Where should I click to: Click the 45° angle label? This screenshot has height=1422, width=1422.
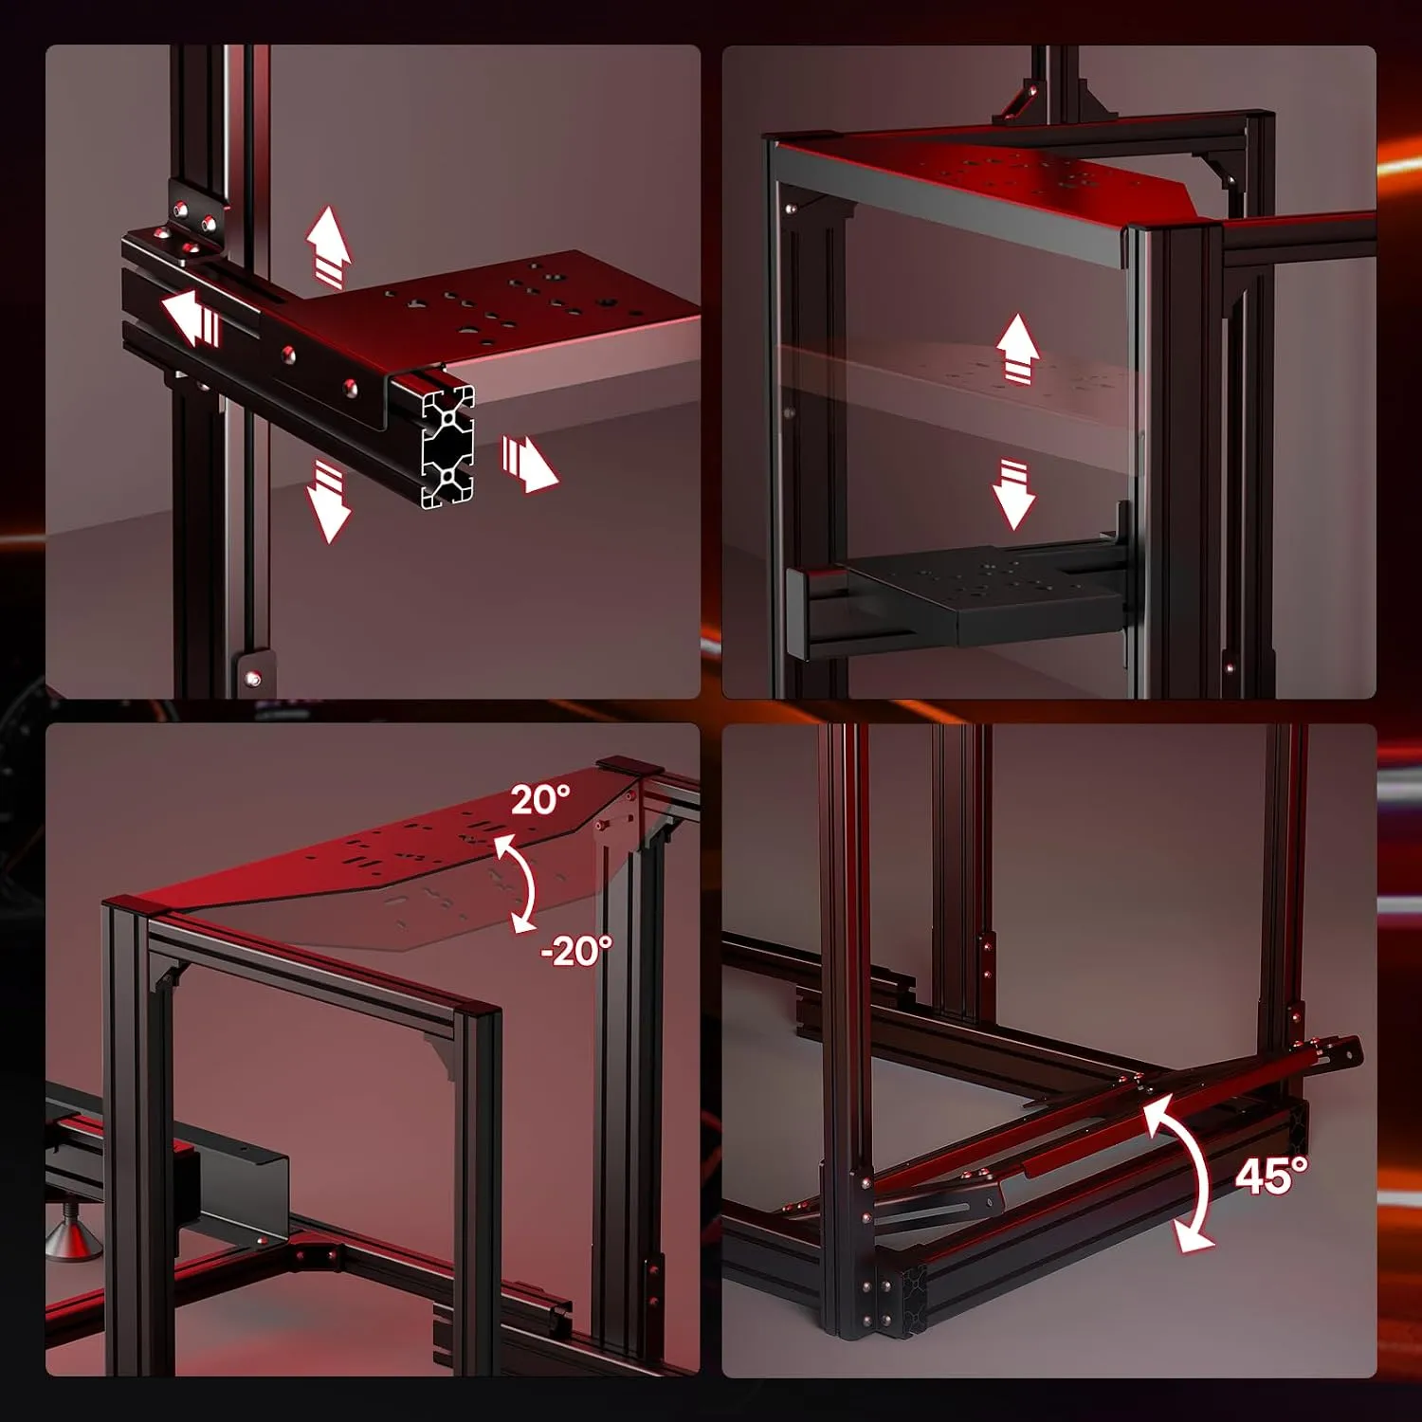(x=1270, y=1176)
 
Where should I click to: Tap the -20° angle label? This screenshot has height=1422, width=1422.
(x=576, y=949)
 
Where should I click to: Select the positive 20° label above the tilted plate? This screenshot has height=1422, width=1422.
(x=540, y=799)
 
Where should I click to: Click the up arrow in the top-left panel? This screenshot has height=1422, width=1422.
(x=329, y=245)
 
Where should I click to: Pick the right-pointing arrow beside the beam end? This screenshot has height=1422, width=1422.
(x=529, y=463)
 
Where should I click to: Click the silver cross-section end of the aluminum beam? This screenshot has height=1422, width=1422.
(x=447, y=446)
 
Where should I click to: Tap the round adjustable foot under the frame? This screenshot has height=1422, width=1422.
(x=74, y=1236)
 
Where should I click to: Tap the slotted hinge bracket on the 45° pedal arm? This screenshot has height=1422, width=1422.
(x=939, y=1211)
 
